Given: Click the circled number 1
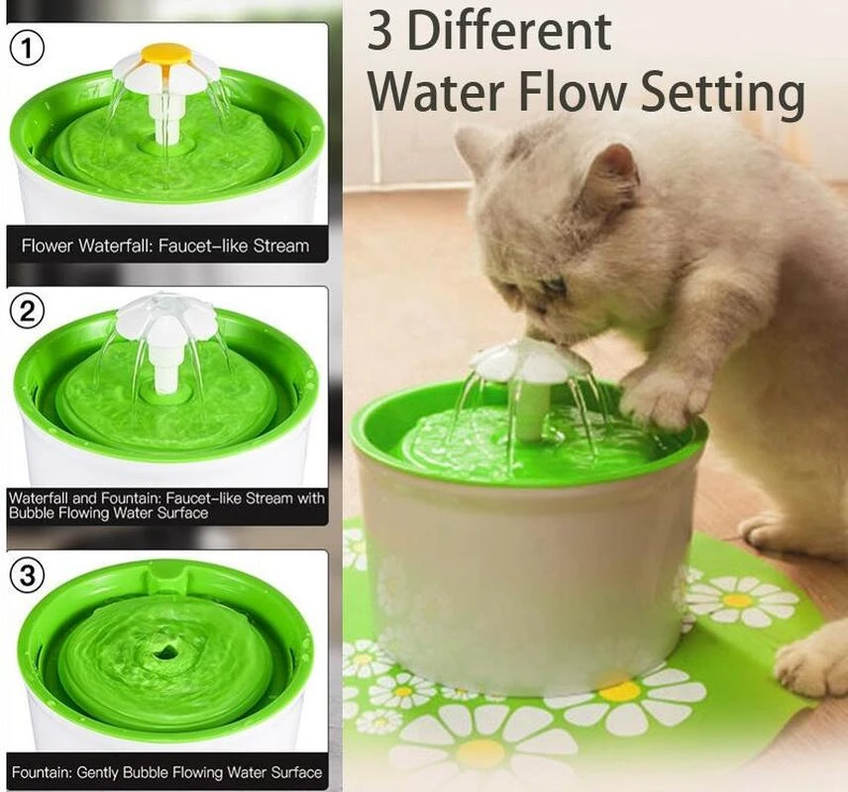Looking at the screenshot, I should click(29, 46).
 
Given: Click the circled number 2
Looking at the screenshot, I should click(28, 311).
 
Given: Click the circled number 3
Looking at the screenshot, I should click(29, 575).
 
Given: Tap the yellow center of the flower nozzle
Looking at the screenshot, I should click(165, 52).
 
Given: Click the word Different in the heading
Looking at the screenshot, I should click(509, 34).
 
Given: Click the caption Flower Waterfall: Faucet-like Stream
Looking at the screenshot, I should click(165, 246).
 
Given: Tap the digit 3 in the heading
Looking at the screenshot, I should click(379, 34).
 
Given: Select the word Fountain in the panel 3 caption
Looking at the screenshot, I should click(53, 772).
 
